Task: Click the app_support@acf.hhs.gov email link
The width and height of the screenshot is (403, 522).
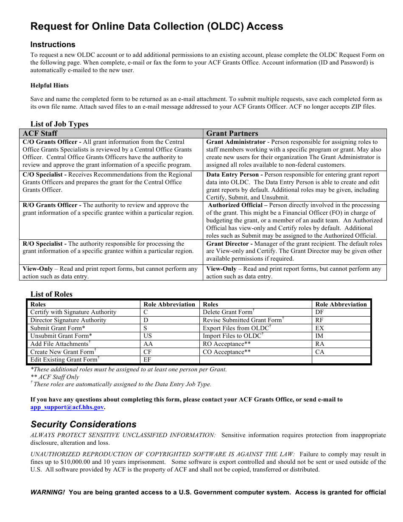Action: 67,407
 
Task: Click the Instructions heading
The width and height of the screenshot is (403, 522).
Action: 53,45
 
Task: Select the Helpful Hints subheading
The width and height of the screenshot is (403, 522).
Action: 49,85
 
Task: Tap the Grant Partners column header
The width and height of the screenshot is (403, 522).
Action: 232,133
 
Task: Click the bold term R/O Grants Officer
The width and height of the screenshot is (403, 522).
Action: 50,205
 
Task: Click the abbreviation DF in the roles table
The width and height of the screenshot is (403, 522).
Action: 319,312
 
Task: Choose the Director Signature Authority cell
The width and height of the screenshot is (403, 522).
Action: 68,320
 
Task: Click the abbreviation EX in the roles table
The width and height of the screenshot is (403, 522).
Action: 319,328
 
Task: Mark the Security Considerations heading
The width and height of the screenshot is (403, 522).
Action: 84,424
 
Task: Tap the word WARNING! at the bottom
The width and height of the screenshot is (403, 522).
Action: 48,492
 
